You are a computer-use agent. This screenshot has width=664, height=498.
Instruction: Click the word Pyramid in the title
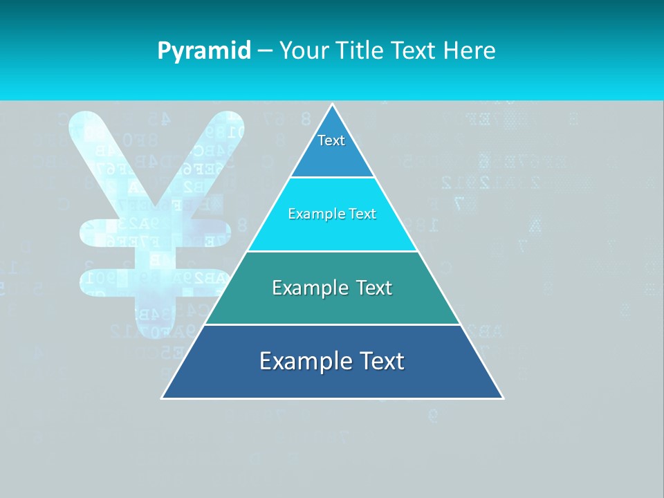pyautogui.click(x=204, y=51)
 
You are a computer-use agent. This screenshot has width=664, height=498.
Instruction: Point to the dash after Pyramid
pyautogui.click(x=265, y=51)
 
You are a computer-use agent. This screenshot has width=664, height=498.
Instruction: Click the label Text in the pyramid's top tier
pyautogui.click(x=331, y=140)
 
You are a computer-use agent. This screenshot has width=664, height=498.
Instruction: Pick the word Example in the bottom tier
pyautogui.click(x=304, y=361)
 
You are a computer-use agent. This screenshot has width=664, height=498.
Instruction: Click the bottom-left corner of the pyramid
pyautogui.click(x=163, y=398)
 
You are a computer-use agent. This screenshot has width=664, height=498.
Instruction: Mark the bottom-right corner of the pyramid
pyautogui.click(x=502, y=398)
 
